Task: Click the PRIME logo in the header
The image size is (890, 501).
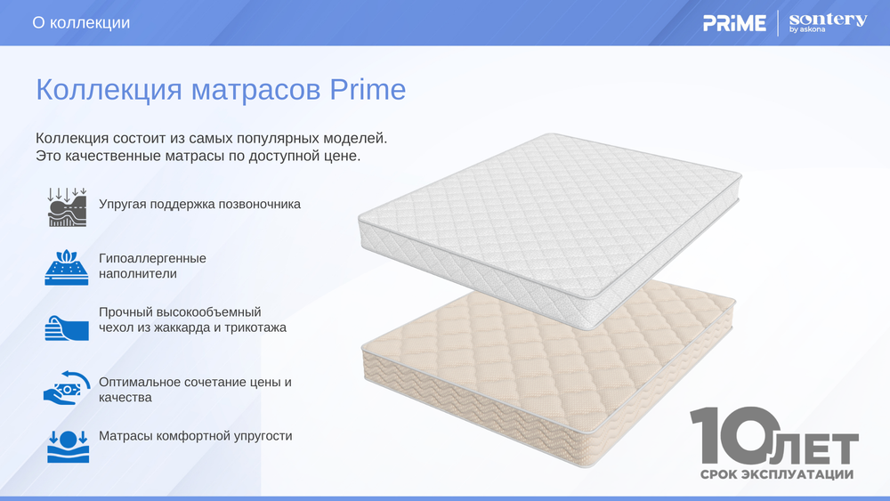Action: pos(734,23)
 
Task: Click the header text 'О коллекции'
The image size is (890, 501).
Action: pos(81,23)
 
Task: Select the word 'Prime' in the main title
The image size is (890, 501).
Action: pos(368,90)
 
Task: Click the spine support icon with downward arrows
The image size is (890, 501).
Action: pos(67,206)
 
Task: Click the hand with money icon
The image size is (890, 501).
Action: pos(67,388)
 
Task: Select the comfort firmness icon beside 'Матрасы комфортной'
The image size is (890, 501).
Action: pos(67,446)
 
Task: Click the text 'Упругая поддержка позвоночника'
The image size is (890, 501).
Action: pos(199,204)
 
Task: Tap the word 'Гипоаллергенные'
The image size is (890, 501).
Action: pos(152,258)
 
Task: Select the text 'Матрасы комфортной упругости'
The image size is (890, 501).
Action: pos(195,436)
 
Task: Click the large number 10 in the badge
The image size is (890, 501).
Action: pos(730,436)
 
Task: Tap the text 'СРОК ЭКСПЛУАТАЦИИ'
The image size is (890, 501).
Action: pos(777,474)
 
